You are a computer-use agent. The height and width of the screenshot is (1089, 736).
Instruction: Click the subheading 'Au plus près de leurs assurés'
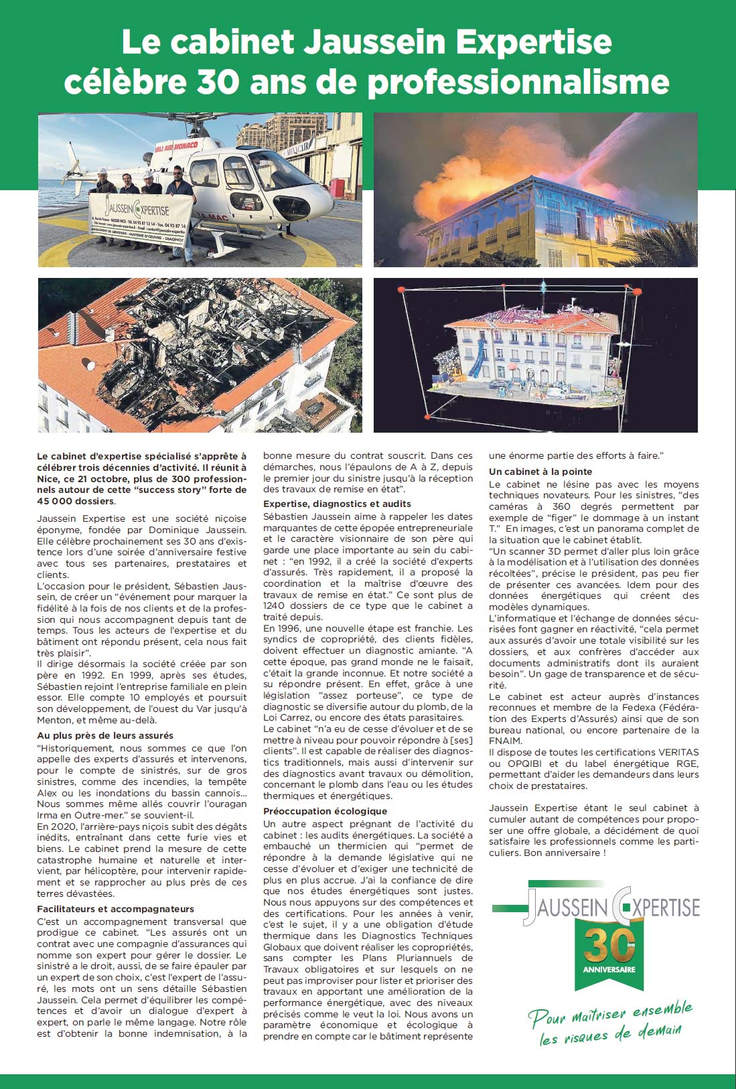(x=105, y=735)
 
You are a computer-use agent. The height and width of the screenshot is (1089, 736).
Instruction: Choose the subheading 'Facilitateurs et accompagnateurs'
(x=115, y=909)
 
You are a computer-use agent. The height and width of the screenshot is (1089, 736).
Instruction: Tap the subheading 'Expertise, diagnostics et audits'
(x=337, y=504)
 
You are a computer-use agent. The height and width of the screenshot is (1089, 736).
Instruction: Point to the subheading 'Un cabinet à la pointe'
(x=540, y=471)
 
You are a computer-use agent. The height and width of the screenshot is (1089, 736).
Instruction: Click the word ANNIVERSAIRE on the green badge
(x=609, y=969)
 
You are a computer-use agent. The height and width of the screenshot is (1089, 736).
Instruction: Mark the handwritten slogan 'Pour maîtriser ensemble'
(x=609, y=1013)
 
